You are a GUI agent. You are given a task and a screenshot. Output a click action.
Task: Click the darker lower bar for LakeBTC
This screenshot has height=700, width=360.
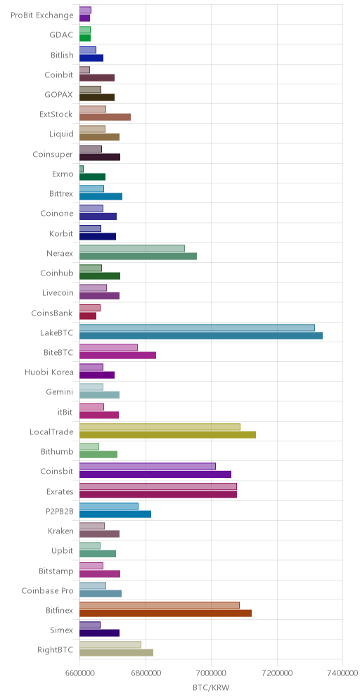pos(201,336)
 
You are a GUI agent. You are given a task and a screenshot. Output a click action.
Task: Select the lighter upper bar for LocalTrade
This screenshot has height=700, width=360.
pos(160,427)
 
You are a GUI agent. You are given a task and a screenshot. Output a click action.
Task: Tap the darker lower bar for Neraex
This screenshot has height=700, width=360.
pos(138,257)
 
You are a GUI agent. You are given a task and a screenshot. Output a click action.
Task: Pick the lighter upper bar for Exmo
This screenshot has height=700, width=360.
pos(82,169)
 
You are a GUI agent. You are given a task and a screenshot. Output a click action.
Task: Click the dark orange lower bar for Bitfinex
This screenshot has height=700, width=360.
pos(166,614)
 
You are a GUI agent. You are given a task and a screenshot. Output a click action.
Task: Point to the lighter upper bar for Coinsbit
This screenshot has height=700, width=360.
pos(148,467)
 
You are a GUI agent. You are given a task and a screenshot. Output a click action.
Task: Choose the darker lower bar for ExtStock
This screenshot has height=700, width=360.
pos(105,117)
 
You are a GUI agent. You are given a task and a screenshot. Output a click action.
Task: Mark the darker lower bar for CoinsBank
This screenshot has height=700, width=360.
pos(88,316)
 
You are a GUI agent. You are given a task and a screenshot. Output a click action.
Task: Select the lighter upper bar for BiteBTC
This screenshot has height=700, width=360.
pos(108,347)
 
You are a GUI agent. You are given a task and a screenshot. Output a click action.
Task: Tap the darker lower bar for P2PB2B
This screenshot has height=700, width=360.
pos(115,514)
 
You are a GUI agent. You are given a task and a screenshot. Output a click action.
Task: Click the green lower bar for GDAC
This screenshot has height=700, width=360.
pos(85,38)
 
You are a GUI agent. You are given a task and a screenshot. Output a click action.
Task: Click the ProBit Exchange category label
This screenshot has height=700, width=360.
pos(41,15)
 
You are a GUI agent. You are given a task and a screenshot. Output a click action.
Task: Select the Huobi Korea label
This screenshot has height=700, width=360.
pos(49,372)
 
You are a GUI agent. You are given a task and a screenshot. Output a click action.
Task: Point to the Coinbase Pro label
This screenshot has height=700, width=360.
pos(47,591)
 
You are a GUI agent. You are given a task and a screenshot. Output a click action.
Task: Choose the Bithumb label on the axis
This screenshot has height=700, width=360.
pos(57,452)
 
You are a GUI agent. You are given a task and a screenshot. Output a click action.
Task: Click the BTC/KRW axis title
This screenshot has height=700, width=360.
pos(211,688)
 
